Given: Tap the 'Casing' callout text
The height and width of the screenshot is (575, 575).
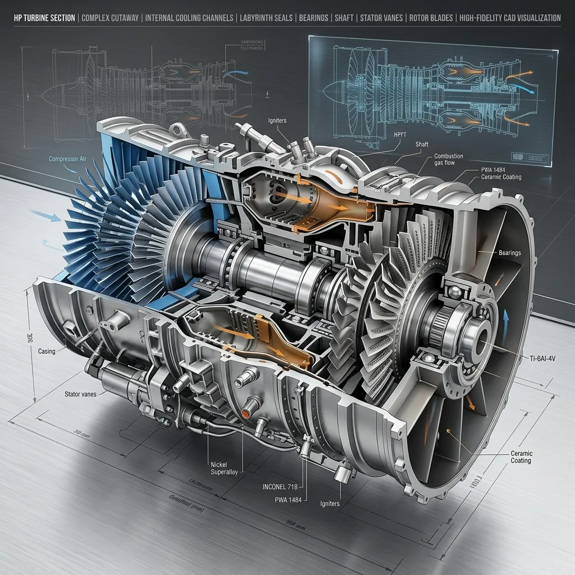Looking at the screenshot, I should click(x=46, y=352).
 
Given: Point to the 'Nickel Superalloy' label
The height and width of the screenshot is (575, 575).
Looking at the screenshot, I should click(x=225, y=468).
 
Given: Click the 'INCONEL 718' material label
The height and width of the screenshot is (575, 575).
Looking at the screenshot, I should click(x=279, y=486).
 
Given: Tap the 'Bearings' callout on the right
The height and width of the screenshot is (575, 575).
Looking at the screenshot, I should click(x=509, y=253).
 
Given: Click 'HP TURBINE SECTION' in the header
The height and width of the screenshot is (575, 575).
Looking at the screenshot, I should click(x=44, y=18).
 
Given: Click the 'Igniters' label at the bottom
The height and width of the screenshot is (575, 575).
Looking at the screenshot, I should click(x=330, y=504).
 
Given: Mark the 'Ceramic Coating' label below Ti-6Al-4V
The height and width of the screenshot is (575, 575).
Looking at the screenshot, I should click(x=521, y=457).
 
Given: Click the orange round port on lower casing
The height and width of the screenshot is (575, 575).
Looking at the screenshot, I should click(x=245, y=413).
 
